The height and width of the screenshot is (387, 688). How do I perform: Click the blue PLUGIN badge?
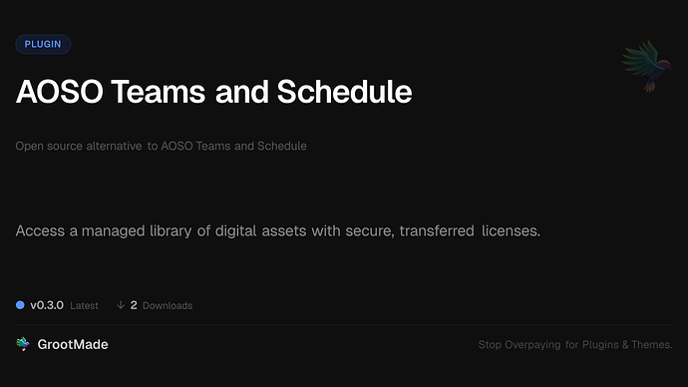(43, 44)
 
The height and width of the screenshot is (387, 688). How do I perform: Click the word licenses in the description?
(510, 231)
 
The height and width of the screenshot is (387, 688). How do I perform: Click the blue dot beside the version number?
(20, 304)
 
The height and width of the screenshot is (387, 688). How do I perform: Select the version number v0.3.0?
(47, 304)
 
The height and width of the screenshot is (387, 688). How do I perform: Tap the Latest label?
(84, 305)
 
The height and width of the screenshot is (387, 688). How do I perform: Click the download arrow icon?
(121, 304)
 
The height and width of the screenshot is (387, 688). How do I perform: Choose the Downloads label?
(168, 305)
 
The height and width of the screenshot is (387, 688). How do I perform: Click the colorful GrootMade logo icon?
(23, 344)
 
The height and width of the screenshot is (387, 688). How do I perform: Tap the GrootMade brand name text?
(74, 344)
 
